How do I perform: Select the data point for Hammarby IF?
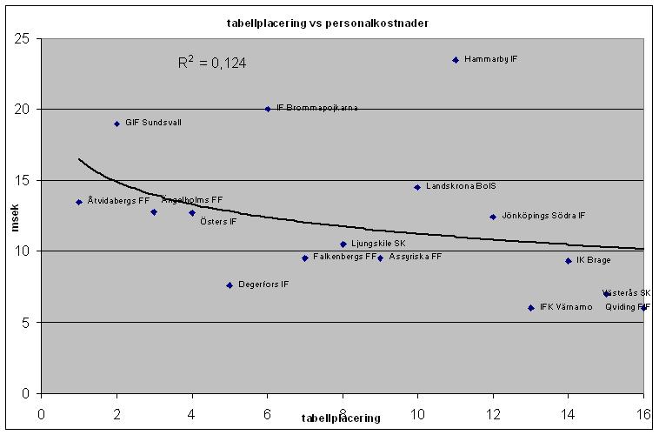(x=456, y=60)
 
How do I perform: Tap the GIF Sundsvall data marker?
(x=116, y=124)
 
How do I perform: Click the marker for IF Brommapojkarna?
(x=268, y=109)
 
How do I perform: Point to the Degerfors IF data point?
(x=230, y=285)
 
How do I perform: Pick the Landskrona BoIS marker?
(x=417, y=187)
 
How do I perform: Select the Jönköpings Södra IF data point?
(x=493, y=217)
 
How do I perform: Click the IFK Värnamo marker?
(x=530, y=308)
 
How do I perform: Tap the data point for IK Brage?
(x=569, y=261)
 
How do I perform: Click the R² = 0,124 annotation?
(x=207, y=63)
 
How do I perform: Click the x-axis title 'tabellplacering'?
(x=341, y=418)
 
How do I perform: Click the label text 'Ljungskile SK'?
(x=378, y=244)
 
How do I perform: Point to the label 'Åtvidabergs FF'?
(x=118, y=201)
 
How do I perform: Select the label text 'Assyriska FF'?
(x=416, y=258)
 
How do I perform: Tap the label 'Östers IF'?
(x=218, y=222)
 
